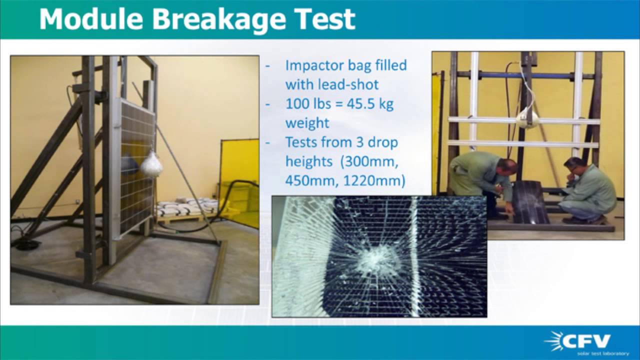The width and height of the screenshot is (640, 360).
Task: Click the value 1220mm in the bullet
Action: tap(373, 180)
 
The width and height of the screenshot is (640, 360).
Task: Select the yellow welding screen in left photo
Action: tap(239, 170)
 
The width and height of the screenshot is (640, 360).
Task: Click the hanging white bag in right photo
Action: tap(527, 119)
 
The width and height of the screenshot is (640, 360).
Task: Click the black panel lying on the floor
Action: tap(530, 202)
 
